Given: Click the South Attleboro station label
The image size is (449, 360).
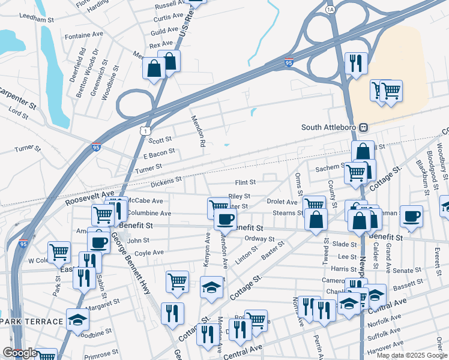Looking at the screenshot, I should click(329, 127).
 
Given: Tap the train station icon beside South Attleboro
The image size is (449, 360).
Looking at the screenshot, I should click(363, 127).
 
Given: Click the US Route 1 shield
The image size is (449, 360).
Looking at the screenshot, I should click(145, 130).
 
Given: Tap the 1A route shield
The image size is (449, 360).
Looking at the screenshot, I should click(330, 10).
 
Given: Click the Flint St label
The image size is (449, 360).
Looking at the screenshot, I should click(245, 182).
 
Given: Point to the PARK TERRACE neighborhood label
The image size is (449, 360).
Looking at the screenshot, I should click(32, 322).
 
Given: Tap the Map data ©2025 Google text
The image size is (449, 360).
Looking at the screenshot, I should click(411, 355).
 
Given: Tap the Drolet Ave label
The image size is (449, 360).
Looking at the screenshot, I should click(282, 202).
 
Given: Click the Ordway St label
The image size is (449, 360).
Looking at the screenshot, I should click(260, 238).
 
